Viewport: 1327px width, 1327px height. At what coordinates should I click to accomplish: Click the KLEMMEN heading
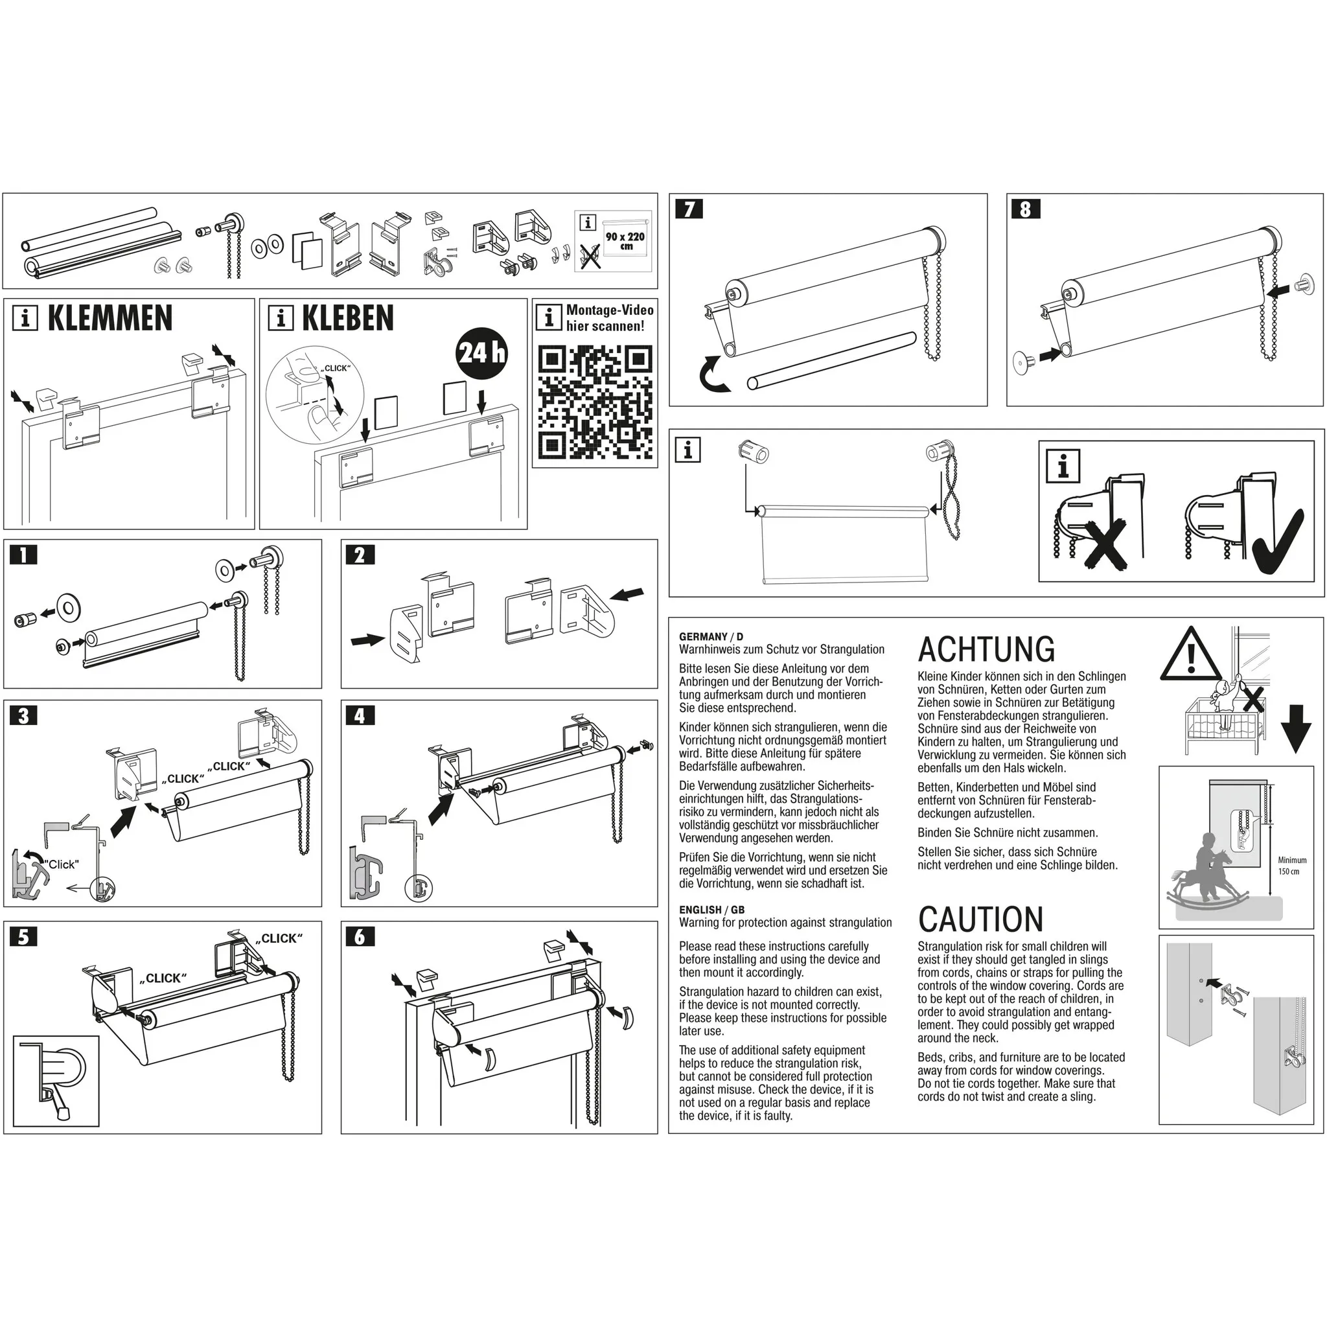point(110,319)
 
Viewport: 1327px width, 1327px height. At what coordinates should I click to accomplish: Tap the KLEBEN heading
point(347,319)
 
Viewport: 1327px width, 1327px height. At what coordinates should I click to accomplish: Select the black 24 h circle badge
point(482,354)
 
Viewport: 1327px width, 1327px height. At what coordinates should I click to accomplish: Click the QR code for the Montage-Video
point(595,402)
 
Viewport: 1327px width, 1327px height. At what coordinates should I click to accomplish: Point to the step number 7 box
point(688,209)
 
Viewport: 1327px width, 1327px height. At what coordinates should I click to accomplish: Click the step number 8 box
point(1026,209)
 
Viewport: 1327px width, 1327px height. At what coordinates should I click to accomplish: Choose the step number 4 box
point(360,716)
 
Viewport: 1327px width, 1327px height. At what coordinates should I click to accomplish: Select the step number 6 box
point(360,937)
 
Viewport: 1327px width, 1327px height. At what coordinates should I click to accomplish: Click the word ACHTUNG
point(986,650)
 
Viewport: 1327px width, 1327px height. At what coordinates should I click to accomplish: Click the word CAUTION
point(980,919)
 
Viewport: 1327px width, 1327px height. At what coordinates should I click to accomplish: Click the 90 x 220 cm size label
point(625,240)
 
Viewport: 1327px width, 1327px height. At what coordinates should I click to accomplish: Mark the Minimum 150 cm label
point(1292,866)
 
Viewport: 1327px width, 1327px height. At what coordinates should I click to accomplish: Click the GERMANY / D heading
point(711,637)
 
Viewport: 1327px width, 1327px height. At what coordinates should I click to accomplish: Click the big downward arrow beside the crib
point(1296,730)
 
